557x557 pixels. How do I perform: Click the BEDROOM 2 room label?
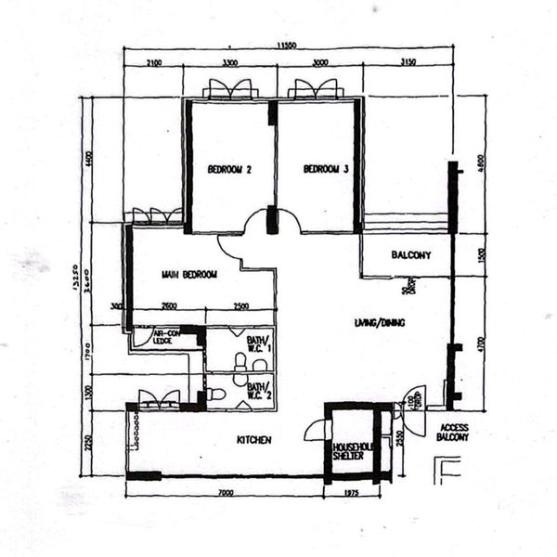coord(229,169)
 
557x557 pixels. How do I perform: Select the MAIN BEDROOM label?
coord(188,275)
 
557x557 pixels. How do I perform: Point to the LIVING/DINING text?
coord(381,323)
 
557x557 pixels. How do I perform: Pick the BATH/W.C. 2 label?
coord(259,390)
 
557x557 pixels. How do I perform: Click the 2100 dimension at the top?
coord(155,63)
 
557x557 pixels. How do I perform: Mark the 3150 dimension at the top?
coord(406,63)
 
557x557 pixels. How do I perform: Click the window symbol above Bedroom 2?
coord(229,90)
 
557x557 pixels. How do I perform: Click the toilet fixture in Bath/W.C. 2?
coord(216,395)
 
